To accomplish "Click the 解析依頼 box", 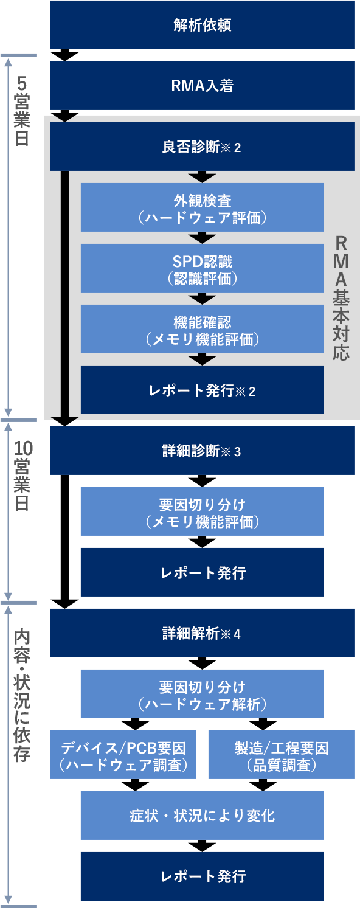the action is pos(202,25).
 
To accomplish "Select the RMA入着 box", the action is pos(202,86).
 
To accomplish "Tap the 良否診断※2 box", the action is pos(202,147).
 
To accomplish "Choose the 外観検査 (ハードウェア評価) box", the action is pos(202,207).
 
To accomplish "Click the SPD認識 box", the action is pos(202,268).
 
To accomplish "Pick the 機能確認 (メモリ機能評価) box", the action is pos(202,329).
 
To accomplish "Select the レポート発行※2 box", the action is pos(202,390).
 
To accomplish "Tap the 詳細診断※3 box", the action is pos(202,451).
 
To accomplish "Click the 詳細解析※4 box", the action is pos(202,633).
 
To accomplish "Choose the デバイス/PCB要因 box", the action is pos(123,755).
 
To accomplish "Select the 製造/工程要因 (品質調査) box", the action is pos(282,755).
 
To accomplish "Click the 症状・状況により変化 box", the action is pos(202,816).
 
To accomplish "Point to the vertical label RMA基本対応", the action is pos(341,299).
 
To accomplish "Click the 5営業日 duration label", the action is pos(22,111).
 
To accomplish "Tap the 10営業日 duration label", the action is pos(22,476).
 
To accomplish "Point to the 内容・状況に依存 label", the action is pos(22,696).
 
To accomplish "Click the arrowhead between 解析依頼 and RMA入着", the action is pos(64,55).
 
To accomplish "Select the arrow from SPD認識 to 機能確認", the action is pos(202,299).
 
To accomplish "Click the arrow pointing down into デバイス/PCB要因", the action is pos(136,724).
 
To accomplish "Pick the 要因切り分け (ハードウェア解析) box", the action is pos(202,694).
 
